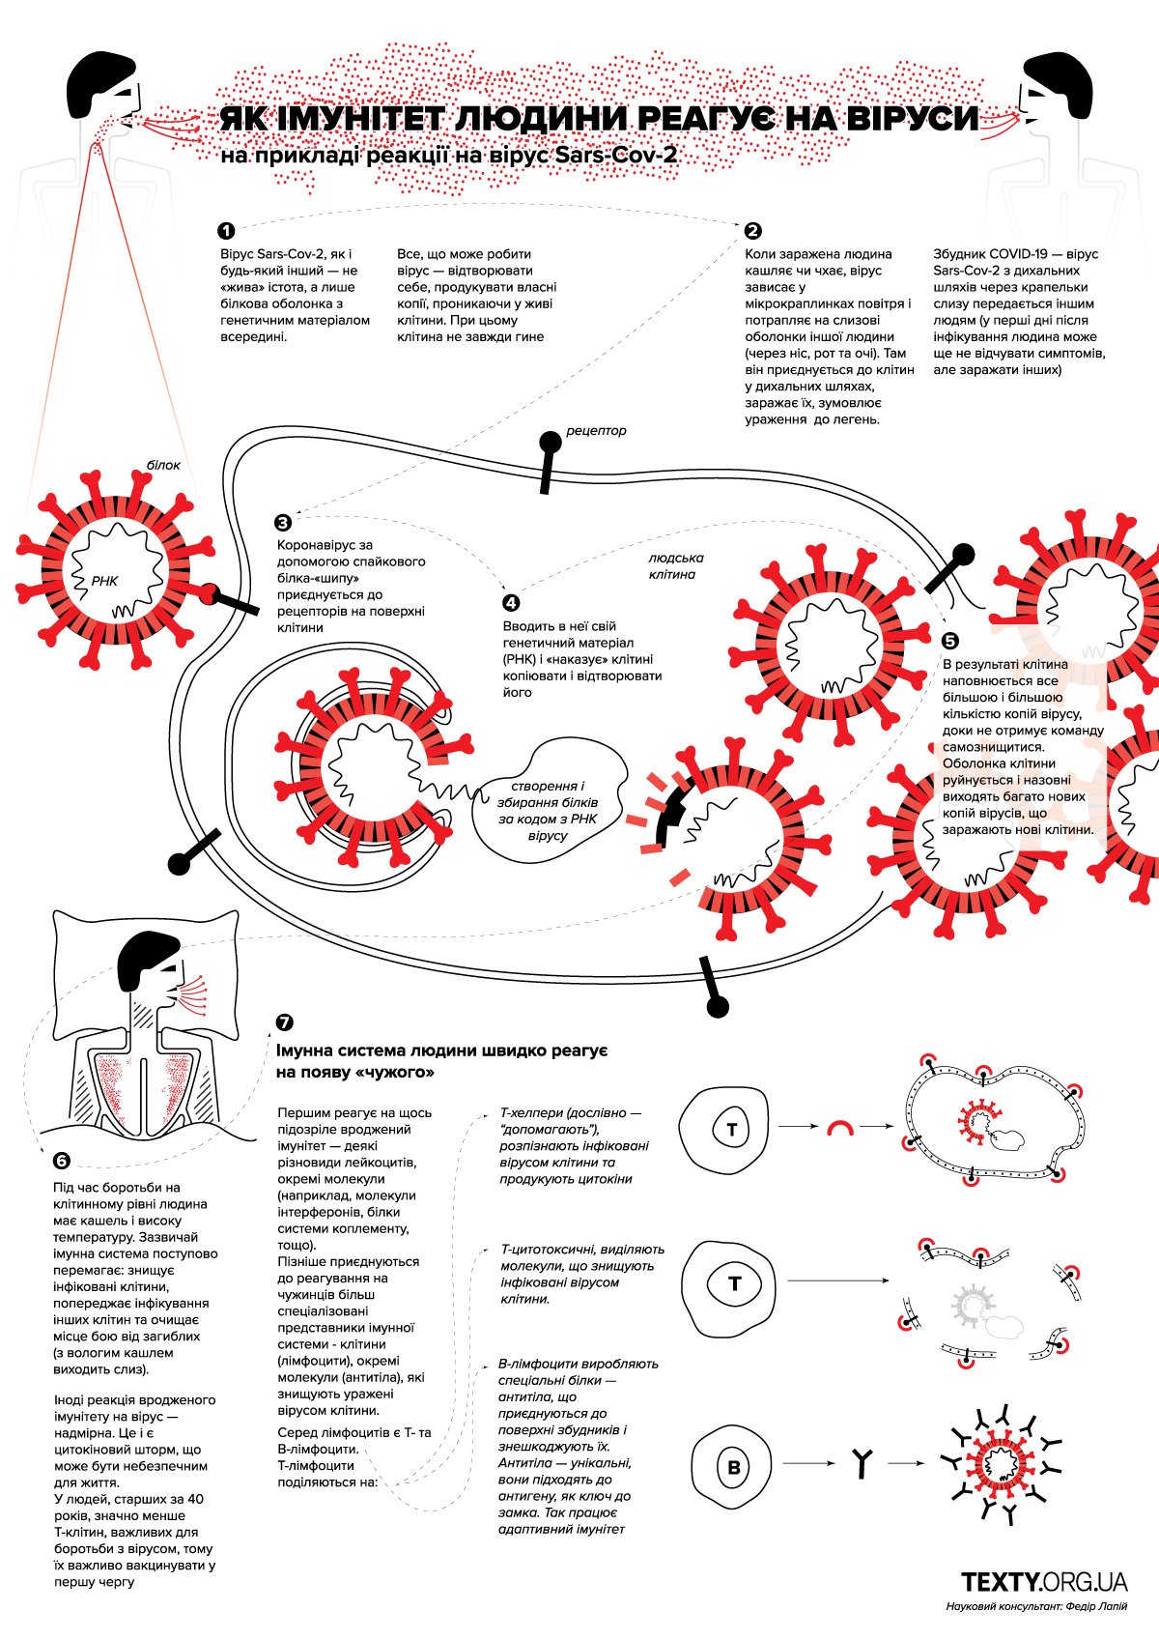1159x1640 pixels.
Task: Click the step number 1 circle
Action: click(x=226, y=231)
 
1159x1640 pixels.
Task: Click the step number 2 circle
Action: click(x=753, y=231)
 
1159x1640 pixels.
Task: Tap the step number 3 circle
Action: click(x=283, y=523)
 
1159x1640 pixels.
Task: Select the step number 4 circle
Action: click(x=511, y=602)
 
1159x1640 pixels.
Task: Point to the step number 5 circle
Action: click(x=949, y=641)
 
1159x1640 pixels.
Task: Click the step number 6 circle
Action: click(x=62, y=1162)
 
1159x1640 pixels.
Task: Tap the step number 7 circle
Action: click(x=284, y=1022)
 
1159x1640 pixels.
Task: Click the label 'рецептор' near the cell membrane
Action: click(x=596, y=430)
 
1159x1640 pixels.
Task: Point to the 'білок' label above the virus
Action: click(x=163, y=465)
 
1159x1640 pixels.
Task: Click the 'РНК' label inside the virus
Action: click(x=104, y=581)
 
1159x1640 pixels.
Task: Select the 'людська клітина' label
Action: click(x=675, y=566)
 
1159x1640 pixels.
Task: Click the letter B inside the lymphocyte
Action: click(x=734, y=1467)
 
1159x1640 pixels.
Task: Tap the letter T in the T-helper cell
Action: click(x=732, y=1130)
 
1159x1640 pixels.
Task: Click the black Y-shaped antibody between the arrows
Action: click(x=863, y=1463)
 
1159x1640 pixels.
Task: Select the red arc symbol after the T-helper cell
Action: click(x=840, y=1128)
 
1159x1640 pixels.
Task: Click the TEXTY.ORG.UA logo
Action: click(x=1044, y=1581)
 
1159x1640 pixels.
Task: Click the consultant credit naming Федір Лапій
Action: click(x=1036, y=1606)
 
